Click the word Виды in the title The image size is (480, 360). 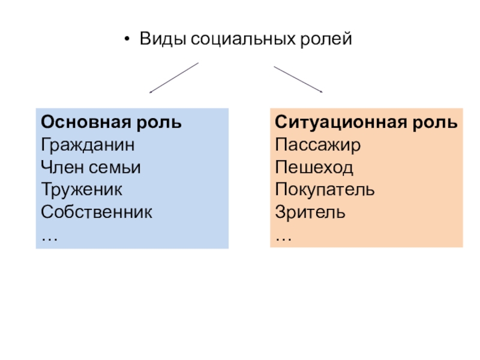point(163,40)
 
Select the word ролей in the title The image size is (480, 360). point(326,40)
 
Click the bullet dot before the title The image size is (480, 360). point(127,39)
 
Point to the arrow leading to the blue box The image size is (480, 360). point(174,78)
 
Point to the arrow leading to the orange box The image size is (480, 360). point(298,79)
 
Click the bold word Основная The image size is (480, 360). point(86,122)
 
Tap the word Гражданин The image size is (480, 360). point(88,145)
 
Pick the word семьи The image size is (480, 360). point(115,168)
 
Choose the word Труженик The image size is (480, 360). point(82,190)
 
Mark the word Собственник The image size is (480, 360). point(97,212)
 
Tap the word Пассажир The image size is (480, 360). point(318,145)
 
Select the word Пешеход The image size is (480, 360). point(314,167)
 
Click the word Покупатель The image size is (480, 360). point(325,190)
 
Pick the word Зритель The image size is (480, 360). point(310,212)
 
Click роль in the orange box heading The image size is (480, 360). point(434,123)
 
